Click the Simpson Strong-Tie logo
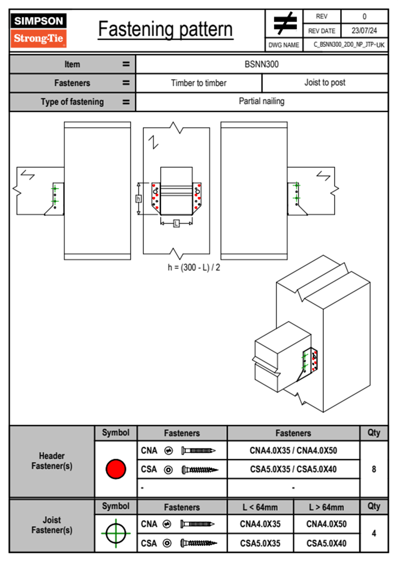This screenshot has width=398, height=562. tap(38, 30)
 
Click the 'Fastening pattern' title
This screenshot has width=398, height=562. tap(165, 29)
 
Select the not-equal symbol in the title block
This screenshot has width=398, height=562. tap(285, 23)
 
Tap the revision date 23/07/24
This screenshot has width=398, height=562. tap(364, 31)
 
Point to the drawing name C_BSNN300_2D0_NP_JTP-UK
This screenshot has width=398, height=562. tap(349, 45)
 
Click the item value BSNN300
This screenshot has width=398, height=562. tap(262, 64)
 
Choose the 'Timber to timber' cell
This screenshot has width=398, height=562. tap(199, 83)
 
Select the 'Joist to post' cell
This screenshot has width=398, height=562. tap(325, 83)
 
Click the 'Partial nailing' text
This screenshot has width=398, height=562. tap(262, 101)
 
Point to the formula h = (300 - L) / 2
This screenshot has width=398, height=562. tap(194, 267)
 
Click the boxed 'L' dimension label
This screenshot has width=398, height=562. tap(176, 224)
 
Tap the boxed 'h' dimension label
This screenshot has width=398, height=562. tap(138, 199)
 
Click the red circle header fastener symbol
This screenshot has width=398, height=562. tap(116, 469)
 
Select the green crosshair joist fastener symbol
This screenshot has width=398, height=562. tap(116, 533)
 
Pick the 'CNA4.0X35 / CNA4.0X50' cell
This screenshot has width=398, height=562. tap(293, 450)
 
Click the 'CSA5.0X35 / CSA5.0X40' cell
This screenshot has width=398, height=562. tap(293, 469)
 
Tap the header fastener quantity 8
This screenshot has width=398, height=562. tap(374, 469)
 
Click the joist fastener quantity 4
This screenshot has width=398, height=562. tap(374, 533)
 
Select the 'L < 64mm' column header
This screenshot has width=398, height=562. tap(260, 507)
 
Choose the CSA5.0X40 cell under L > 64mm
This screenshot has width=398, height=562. tap(326, 543)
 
